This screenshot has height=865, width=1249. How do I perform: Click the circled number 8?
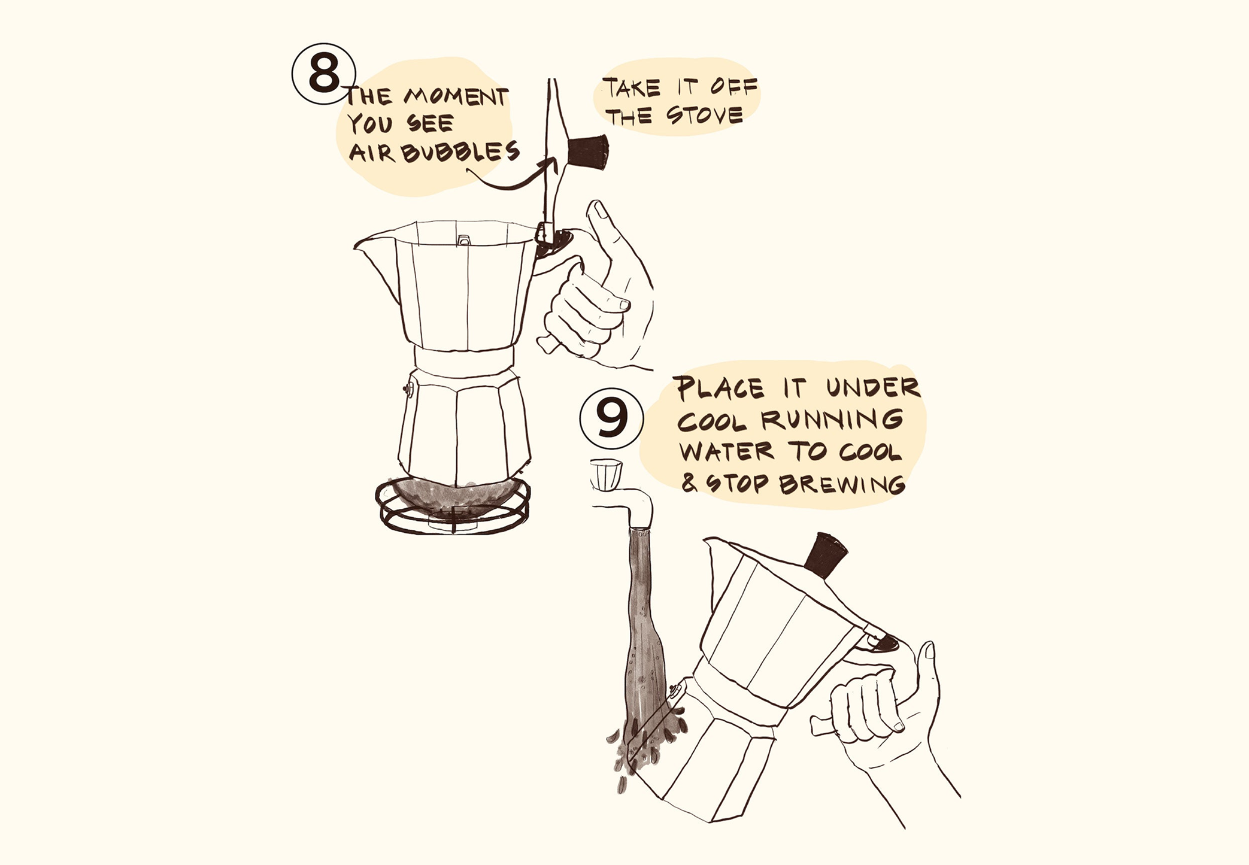pos(323,74)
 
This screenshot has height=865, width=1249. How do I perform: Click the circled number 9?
pos(611,418)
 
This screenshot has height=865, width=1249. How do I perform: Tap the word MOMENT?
pos(456,96)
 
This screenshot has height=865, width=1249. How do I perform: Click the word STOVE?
pos(704,114)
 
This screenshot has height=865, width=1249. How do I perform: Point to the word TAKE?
pos(632,87)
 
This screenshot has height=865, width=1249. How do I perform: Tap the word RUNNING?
pos(833,420)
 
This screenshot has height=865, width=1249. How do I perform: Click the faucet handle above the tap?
pos(606,473)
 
